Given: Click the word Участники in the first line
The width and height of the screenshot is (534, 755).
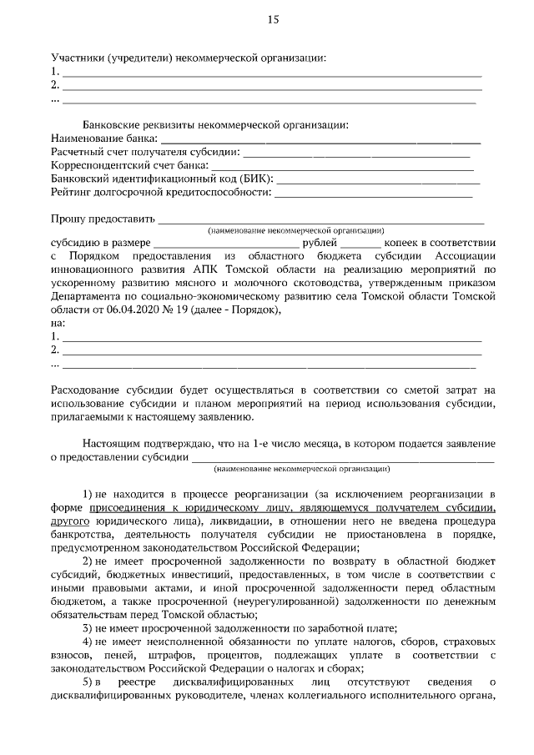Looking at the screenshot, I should click(78, 58).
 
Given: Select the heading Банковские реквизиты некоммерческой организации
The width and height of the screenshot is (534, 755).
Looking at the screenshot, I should click(214, 124).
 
